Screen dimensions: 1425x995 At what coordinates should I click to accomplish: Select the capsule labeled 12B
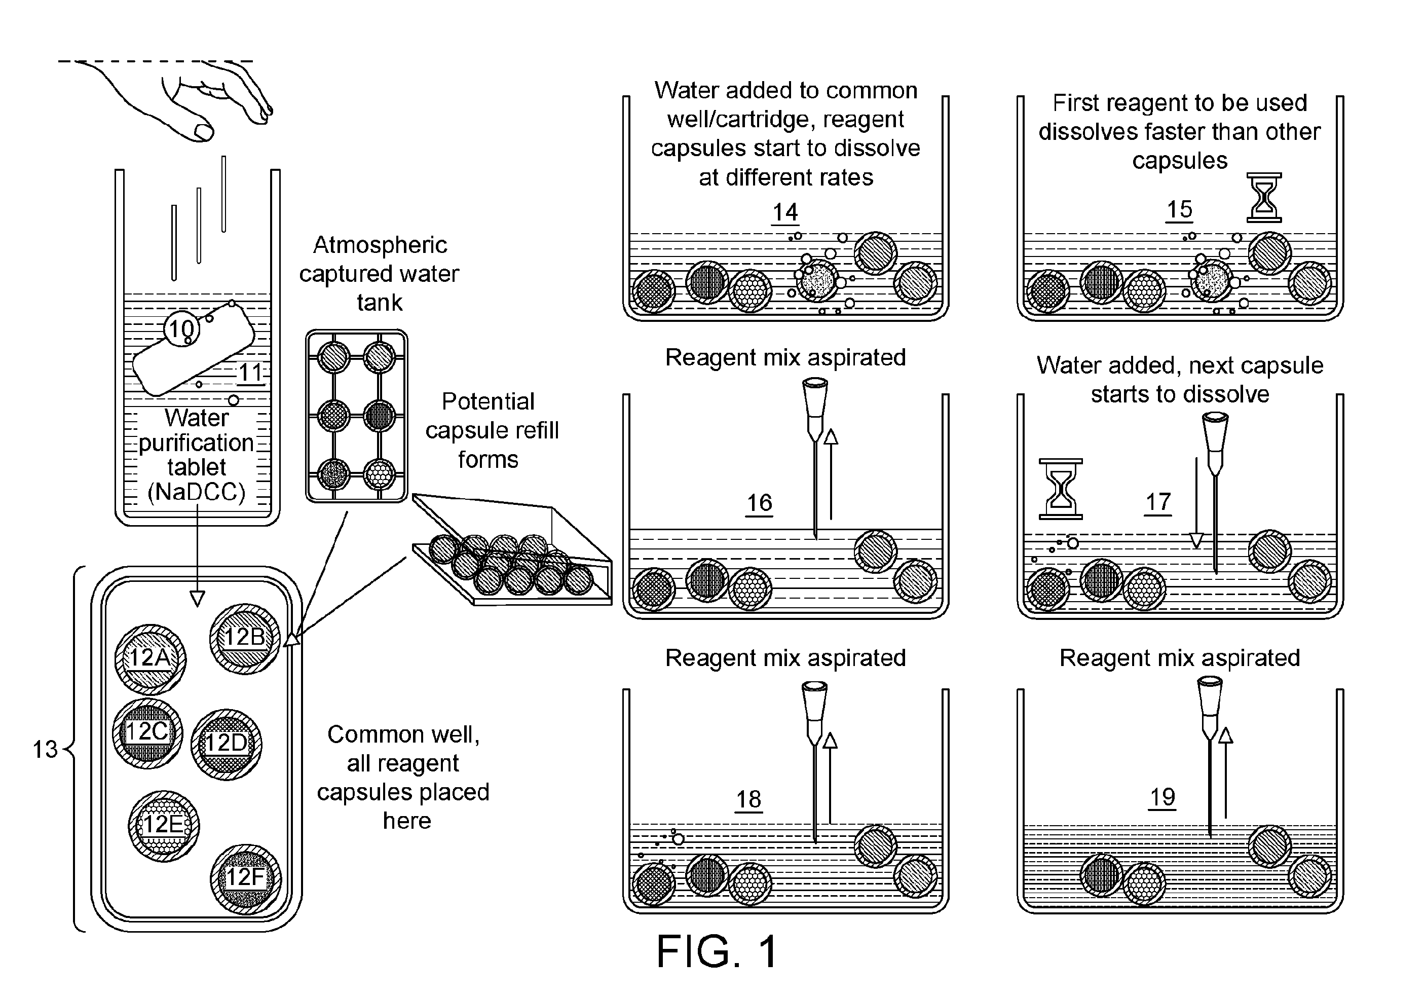[x=245, y=639]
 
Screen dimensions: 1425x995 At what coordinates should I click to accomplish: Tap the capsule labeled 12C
[x=147, y=733]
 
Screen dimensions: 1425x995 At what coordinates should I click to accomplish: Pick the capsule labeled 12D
[x=226, y=744]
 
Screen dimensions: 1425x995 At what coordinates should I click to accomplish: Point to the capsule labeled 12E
[x=164, y=826]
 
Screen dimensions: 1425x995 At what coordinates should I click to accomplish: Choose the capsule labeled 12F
[x=246, y=879]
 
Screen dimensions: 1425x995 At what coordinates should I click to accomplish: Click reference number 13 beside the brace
[x=45, y=749]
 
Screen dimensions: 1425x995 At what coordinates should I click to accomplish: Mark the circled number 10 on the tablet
[x=182, y=329]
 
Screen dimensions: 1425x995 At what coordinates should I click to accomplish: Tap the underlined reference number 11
[x=251, y=374]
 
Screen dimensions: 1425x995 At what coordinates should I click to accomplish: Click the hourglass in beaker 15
[x=1264, y=197]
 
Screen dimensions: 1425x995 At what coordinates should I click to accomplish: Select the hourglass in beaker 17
[x=1061, y=489]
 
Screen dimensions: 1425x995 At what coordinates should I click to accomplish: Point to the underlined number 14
[x=785, y=213]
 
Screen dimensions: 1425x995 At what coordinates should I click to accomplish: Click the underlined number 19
[x=1162, y=797]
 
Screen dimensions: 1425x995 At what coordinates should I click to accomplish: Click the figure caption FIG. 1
[x=717, y=951]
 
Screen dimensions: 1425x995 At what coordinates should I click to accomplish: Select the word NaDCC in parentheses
[x=196, y=492]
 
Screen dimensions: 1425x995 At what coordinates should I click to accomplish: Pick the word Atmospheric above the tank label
[x=380, y=245]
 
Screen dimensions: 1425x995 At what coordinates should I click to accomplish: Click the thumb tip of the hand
[x=204, y=132]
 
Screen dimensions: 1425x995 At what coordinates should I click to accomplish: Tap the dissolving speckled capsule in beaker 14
[x=817, y=282]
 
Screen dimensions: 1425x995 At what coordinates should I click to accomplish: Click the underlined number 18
[x=748, y=799]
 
